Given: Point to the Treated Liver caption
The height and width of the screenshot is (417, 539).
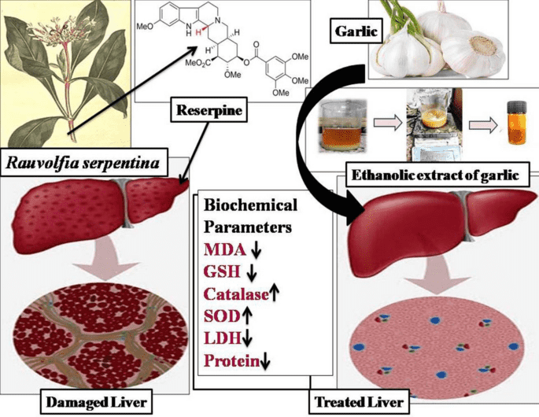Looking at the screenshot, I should [x=358, y=402].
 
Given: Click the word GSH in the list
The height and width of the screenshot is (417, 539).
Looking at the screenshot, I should [x=222, y=273].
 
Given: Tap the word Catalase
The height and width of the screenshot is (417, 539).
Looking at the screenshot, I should [x=235, y=295].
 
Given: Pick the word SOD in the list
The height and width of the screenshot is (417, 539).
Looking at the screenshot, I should [x=221, y=317].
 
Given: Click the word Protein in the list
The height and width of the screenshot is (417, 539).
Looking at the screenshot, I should [x=231, y=362].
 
